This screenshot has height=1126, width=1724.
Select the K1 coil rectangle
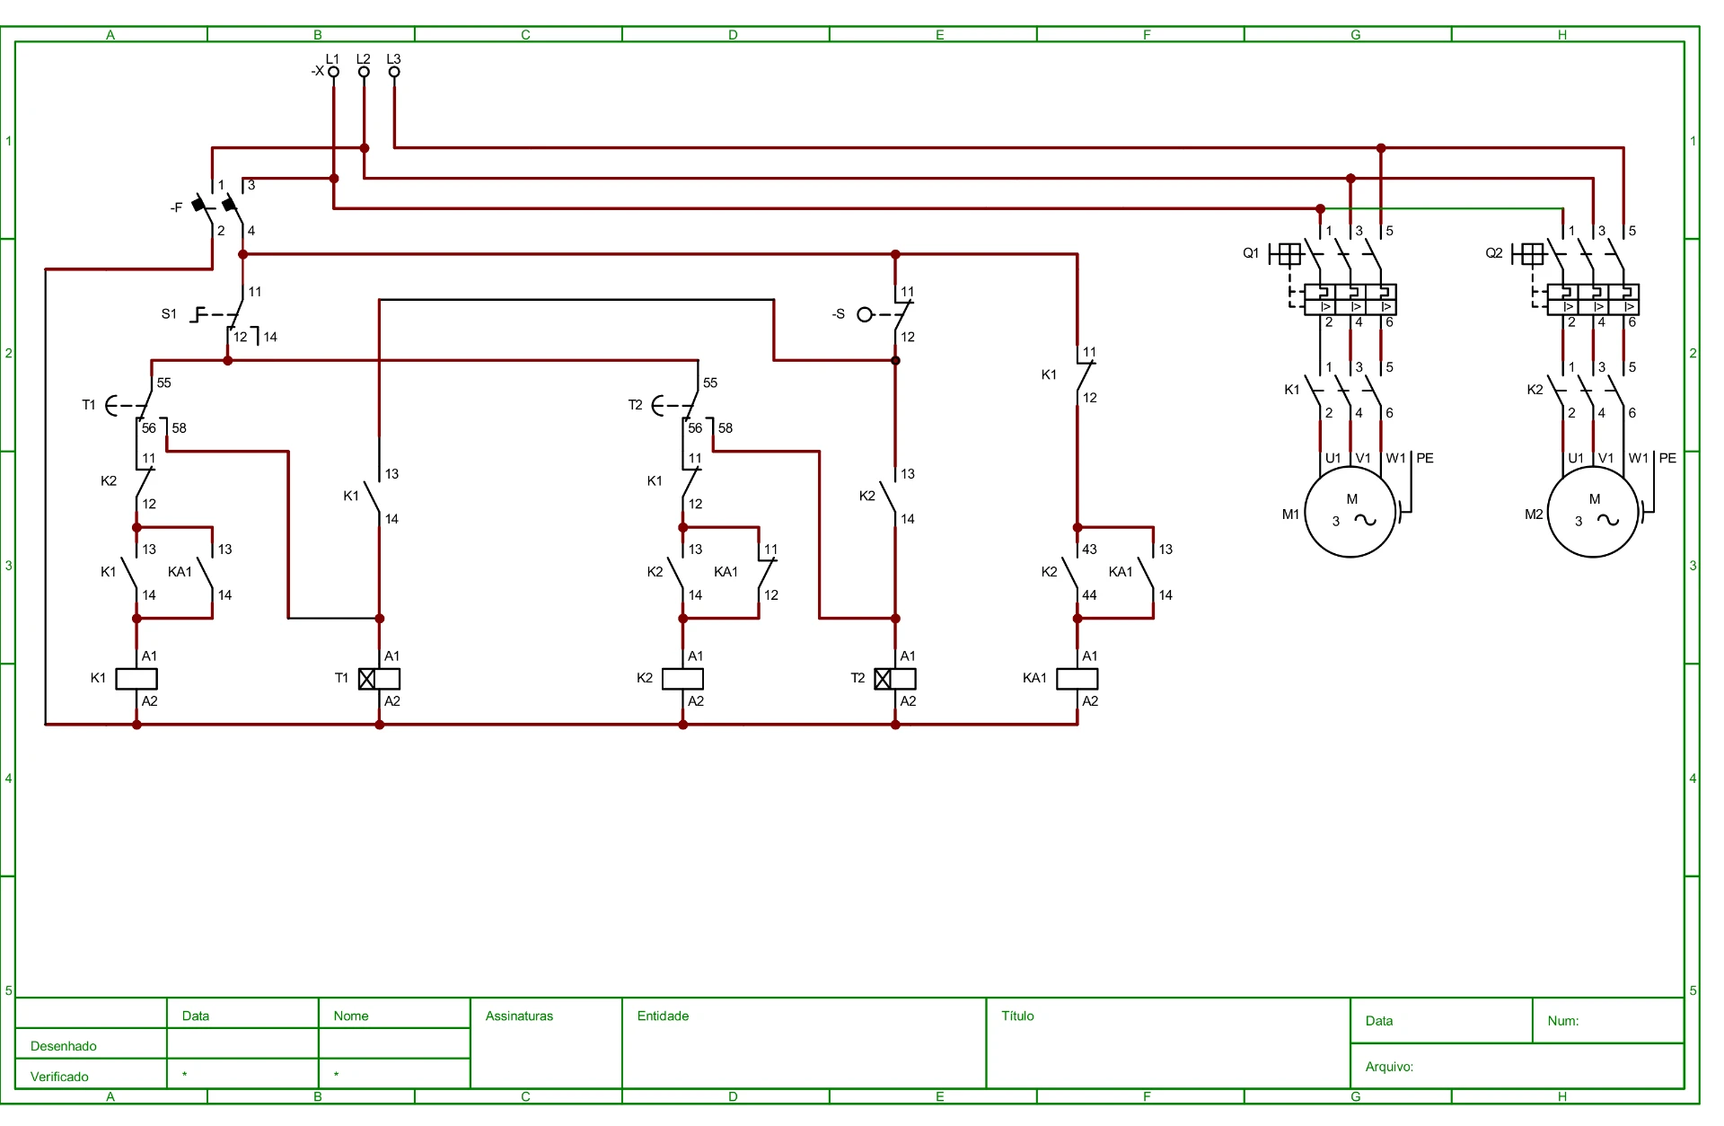(x=136, y=679)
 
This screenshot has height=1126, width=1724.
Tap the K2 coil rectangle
(x=682, y=679)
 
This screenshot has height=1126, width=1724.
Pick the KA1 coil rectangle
(x=1077, y=679)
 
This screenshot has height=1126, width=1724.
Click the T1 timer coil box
(x=379, y=679)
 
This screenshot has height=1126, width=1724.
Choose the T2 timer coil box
(x=895, y=679)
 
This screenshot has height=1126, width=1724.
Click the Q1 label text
(x=1251, y=253)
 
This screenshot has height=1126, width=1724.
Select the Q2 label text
(x=1494, y=253)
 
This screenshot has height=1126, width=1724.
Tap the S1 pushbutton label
(x=169, y=314)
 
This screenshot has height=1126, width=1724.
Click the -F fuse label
(x=176, y=207)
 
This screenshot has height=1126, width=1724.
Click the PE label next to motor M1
(x=1425, y=458)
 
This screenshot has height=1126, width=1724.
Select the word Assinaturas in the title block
(x=519, y=1016)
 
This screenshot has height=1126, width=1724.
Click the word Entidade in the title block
(x=663, y=1016)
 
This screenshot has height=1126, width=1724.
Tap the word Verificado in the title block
(x=59, y=1077)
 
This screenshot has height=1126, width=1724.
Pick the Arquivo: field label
(x=1389, y=1067)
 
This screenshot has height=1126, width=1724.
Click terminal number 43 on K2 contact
(x=1089, y=550)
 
